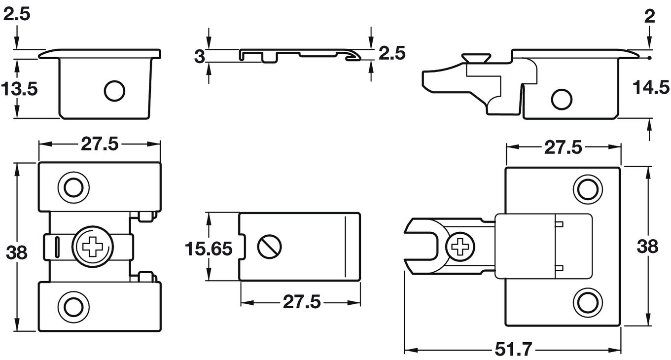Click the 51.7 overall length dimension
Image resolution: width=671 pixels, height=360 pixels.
pyautogui.click(x=513, y=350)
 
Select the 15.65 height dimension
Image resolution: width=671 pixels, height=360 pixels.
pyautogui.click(x=209, y=249)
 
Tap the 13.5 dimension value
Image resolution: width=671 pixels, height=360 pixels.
pyautogui.click(x=19, y=89)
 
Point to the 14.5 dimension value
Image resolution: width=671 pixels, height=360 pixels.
pyautogui.click(x=651, y=88)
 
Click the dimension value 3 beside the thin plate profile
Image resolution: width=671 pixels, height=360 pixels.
pyautogui.click(x=199, y=56)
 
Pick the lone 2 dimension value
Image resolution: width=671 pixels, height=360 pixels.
pyautogui.click(x=650, y=16)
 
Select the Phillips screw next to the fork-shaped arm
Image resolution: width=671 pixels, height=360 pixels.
pyautogui.click(x=460, y=246)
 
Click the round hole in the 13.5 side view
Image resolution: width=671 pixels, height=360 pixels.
pyautogui.click(x=114, y=91)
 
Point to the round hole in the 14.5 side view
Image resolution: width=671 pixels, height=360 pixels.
pyautogui.click(x=562, y=99)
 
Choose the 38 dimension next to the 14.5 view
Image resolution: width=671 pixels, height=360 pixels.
pyautogui.click(x=647, y=246)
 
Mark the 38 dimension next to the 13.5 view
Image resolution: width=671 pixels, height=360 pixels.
pyautogui.click(x=17, y=252)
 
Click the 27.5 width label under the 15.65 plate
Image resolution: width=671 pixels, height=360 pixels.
pyautogui.click(x=301, y=302)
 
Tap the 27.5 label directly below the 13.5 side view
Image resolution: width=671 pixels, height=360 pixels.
pyautogui.click(x=100, y=144)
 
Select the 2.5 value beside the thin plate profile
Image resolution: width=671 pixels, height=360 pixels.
pyautogui.click(x=392, y=53)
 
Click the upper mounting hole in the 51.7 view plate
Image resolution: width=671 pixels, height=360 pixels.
pyautogui.click(x=588, y=189)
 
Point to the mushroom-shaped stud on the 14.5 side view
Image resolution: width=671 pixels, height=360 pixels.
pyautogui.click(x=476, y=58)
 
